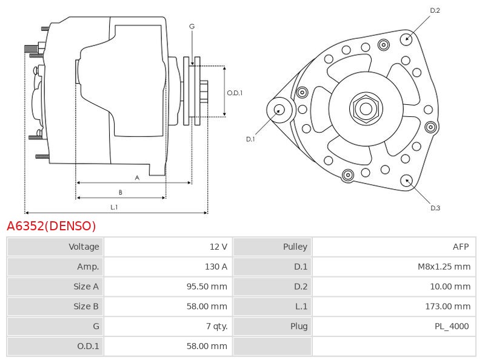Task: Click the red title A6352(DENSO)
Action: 52,226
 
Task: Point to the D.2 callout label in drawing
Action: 435,10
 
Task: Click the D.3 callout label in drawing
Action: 435,208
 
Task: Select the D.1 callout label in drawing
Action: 250,139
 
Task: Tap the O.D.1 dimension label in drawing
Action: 235,93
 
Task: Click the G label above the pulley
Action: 192,27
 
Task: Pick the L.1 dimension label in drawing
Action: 114,207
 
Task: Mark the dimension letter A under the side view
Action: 137,178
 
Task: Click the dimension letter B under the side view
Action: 120,193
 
